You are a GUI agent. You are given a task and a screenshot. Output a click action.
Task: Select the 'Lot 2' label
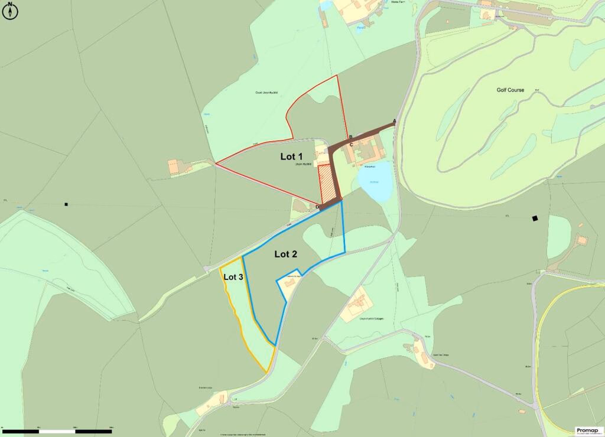pyautogui.click(x=285, y=254)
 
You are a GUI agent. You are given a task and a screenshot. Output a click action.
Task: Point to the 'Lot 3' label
pyautogui.click(x=233, y=276)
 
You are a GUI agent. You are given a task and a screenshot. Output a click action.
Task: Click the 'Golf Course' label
pyautogui.click(x=510, y=90)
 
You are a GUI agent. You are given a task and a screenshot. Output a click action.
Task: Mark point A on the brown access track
pyautogui.click(x=394, y=121)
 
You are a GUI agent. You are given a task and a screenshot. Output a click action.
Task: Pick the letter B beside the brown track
pyautogui.click(x=350, y=137)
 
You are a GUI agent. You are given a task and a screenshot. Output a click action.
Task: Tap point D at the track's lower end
pyautogui.click(x=317, y=206)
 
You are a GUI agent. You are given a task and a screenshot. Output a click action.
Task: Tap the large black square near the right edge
pyautogui.click(x=535, y=218)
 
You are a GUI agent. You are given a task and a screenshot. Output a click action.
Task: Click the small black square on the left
pyautogui.click(x=66, y=204)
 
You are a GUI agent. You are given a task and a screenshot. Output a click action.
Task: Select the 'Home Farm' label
pyautogui.click(x=401, y=2)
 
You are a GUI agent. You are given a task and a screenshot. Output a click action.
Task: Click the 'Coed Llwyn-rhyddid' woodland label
pyautogui.click(x=267, y=93)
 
